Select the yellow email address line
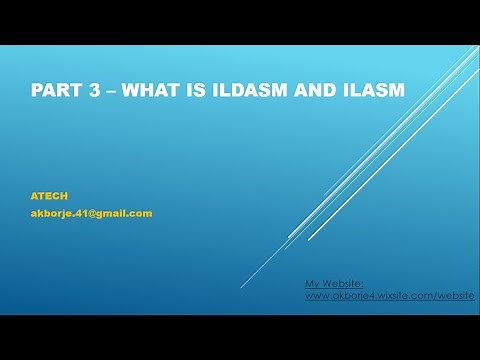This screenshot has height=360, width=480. (91, 213)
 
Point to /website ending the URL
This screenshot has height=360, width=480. (452, 296)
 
